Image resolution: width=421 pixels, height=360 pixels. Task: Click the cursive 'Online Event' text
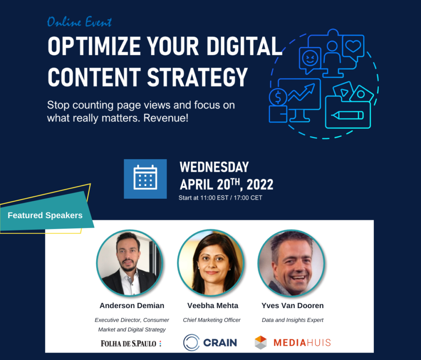79,22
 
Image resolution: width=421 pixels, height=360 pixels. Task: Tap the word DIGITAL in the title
244,46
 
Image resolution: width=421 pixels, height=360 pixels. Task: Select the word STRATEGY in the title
197,77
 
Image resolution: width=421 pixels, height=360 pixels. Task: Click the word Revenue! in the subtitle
166,118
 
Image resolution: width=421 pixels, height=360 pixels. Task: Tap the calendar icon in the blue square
145,178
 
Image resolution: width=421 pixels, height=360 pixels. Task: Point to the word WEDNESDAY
214,167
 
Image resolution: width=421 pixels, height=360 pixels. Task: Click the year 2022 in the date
260,185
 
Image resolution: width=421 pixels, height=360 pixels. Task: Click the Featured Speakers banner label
45,215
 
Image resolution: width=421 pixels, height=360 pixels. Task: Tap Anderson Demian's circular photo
130,263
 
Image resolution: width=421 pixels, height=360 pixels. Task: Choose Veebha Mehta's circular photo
211,262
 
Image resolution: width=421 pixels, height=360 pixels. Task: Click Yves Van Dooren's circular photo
291,263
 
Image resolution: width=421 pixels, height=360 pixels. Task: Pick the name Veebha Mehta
213,305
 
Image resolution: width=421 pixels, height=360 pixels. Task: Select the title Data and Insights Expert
292,320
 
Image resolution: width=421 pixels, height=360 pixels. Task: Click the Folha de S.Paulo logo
131,344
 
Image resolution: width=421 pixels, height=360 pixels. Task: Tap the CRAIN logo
210,343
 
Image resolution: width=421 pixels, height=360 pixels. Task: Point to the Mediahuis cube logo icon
261,343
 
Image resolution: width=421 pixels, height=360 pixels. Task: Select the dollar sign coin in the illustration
278,97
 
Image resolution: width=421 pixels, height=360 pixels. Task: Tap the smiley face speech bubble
310,59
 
